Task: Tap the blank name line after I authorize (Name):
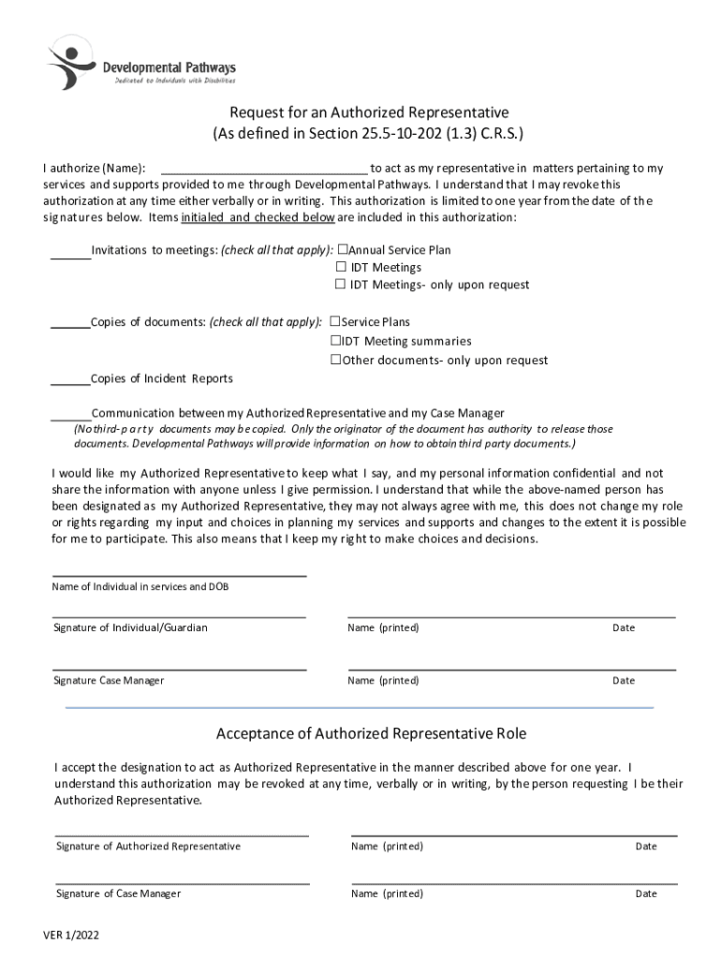point(265,170)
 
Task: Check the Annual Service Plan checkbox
point(342,250)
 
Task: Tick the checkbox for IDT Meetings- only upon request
point(342,285)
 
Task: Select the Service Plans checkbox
point(335,322)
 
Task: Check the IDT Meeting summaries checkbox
point(335,341)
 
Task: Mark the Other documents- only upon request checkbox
point(335,360)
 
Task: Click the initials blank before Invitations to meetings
point(70,253)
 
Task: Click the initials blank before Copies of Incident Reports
point(70,381)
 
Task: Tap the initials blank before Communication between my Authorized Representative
point(70,416)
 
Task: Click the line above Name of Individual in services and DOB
point(179,575)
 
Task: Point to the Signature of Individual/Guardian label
point(130,627)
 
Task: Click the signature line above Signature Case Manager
point(179,669)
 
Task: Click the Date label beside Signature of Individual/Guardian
point(624,627)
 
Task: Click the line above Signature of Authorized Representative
point(182,834)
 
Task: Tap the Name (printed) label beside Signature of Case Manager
point(387,893)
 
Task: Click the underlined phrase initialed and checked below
point(257,217)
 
